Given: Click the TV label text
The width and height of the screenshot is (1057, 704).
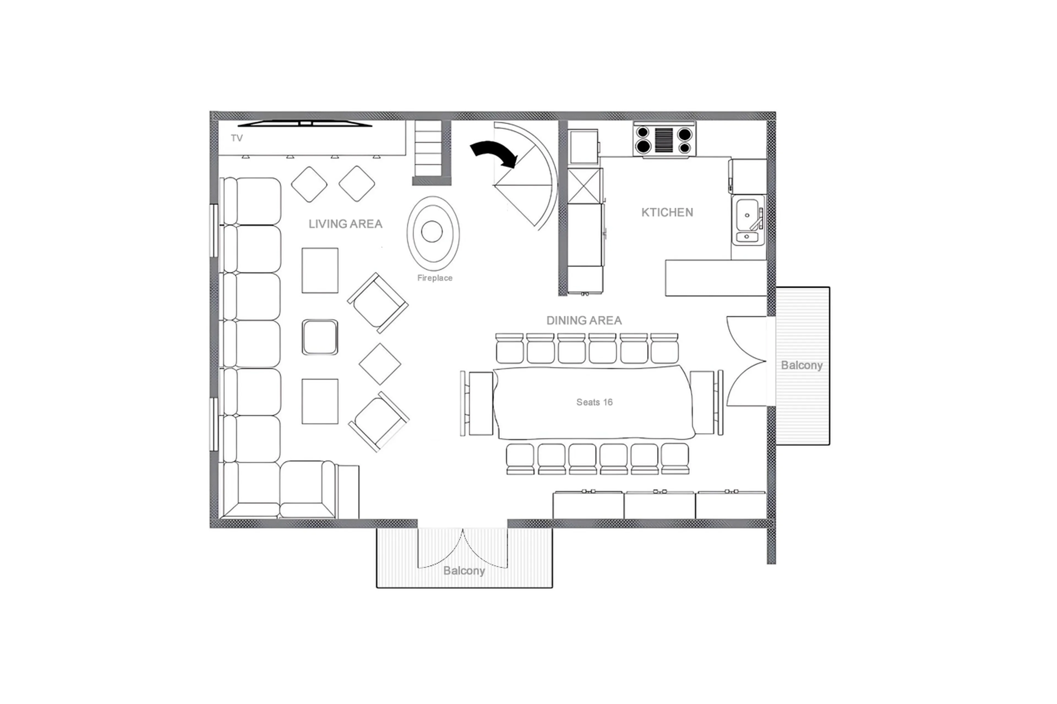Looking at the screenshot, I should click(x=237, y=138).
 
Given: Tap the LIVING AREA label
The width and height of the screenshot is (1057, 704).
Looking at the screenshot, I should click(x=345, y=224).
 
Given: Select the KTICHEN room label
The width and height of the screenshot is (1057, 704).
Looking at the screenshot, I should click(x=667, y=212).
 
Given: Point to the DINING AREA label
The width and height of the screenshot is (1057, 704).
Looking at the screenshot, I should click(x=584, y=321).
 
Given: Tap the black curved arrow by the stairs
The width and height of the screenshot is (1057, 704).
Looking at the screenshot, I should click(x=494, y=154).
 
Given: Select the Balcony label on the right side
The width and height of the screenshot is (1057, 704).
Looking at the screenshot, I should click(x=801, y=365).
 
